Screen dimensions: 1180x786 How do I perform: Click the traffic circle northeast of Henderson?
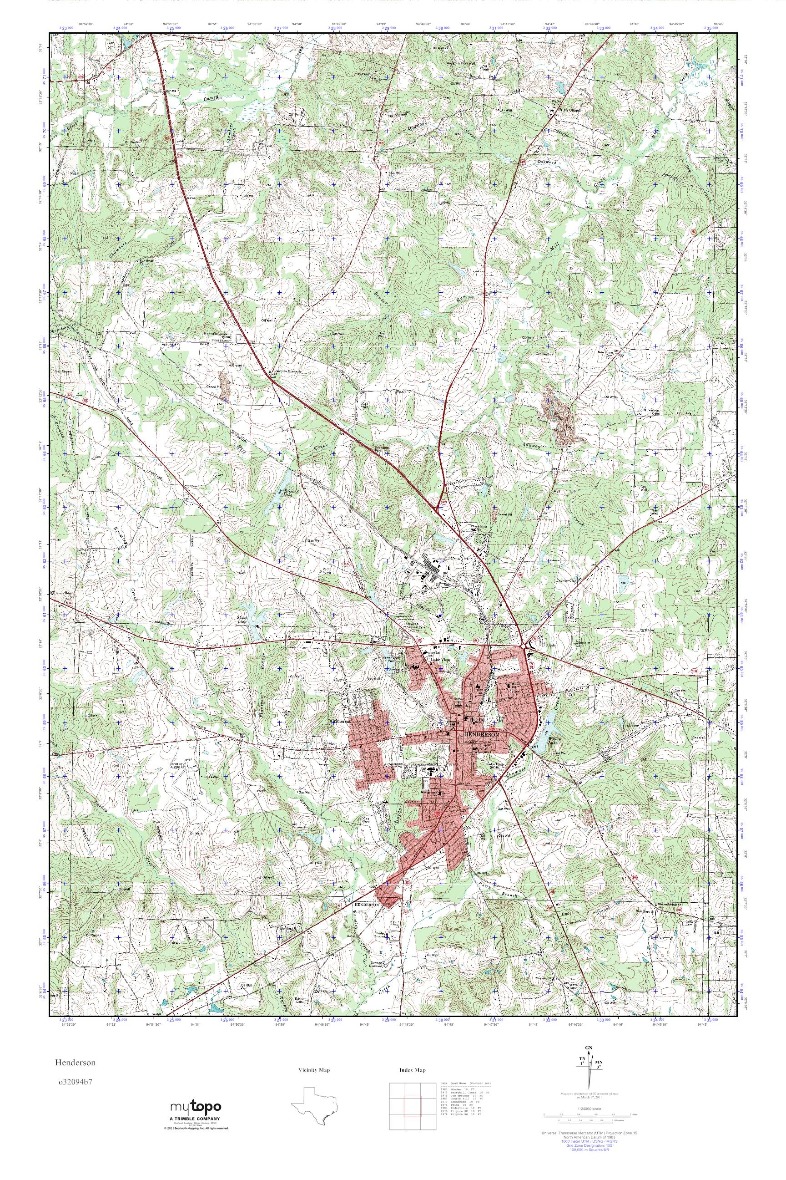[x=525, y=644]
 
